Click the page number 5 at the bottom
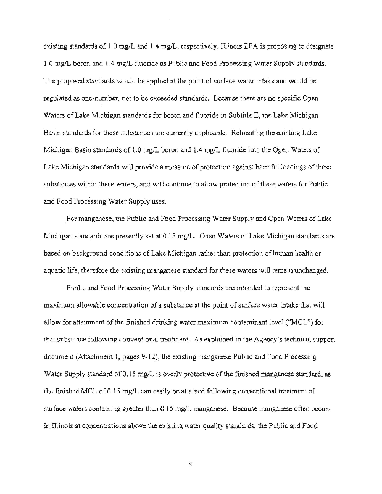click(191, 458)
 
